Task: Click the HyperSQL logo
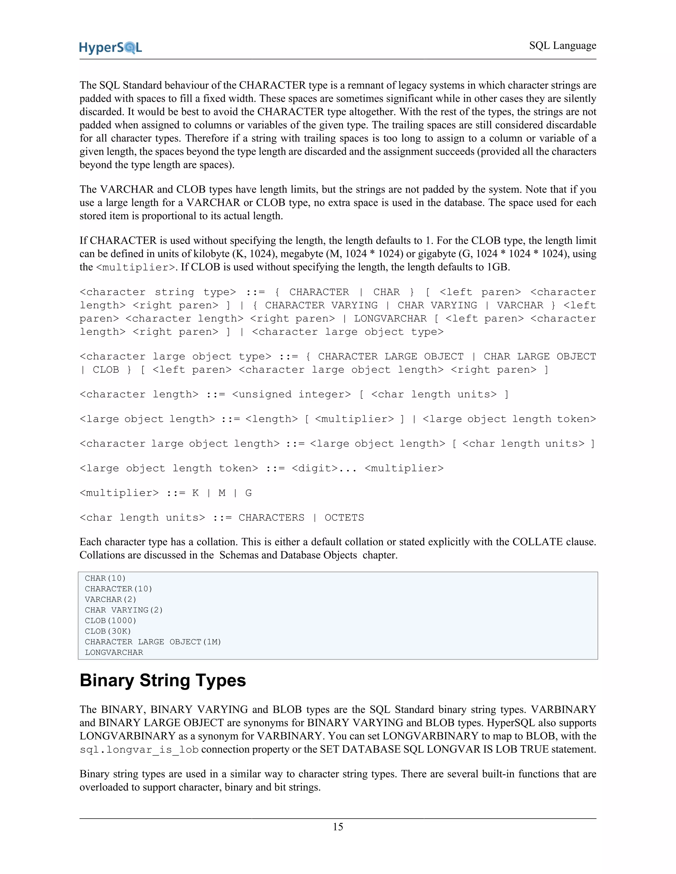click(111, 47)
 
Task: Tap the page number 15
click(338, 827)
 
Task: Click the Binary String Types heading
click(163, 680)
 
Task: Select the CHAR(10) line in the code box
click(105, 578)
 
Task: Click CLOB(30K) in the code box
click(108, 631)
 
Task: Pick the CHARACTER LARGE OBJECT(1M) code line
click(152, 642)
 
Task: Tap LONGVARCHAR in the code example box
click(114, 652)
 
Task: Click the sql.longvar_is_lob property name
click(139, 750)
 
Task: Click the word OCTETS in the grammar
click(344, 518)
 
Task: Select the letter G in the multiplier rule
click(248, 493)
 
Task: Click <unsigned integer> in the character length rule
click(291, 394)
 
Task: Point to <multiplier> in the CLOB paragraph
click(136, 267)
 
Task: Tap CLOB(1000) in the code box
click(111, 621)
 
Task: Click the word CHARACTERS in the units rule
click(271, 518)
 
